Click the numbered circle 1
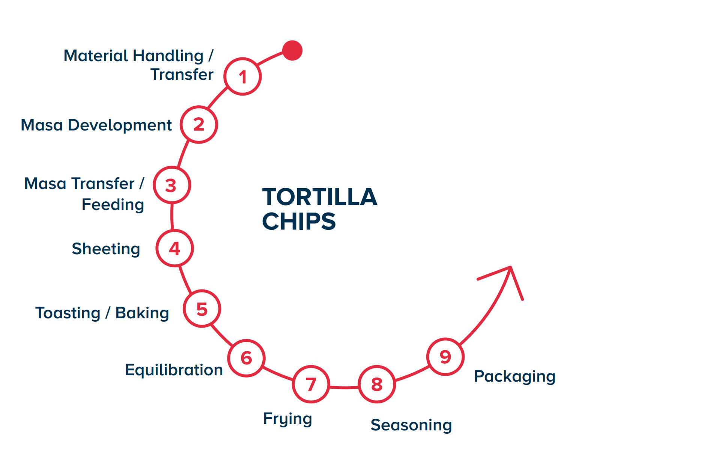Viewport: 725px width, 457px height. (x=242, y=76)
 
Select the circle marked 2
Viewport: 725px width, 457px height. (x=199, y=124)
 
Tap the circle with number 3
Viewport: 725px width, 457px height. (x=172, y=185)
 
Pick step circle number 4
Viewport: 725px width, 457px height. (x=174, y=248)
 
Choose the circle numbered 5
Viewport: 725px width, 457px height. (x=202, y=309)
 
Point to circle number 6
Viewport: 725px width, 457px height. (x=246, y=358)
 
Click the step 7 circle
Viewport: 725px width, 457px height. (x=311, y=384)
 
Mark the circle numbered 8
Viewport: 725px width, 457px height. (x=377, y=384)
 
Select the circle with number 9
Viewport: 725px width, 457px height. (x=445, y=357)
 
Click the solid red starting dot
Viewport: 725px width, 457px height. (x=292, y=50)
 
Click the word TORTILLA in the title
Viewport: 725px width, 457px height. (x=319, y=197)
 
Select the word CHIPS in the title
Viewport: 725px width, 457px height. (x=299, y=222)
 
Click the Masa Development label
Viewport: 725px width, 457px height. (x=96, y=125)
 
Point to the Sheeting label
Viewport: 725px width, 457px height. (x=106, y=249)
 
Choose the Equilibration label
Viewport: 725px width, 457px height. (x=174, y=370)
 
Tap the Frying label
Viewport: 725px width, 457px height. (x=287, y=419)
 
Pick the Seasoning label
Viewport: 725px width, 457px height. (x=411, y=425)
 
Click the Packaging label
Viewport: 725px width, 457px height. (x=514, y=376)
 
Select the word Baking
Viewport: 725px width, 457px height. (x=142, y=313)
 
